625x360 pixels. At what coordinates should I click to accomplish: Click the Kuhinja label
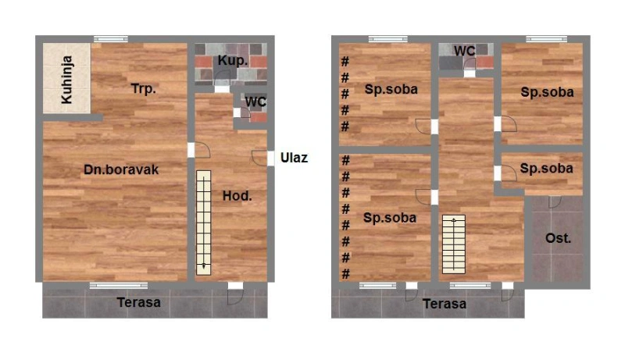[66, 80]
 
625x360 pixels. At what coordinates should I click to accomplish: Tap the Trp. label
[143, 88]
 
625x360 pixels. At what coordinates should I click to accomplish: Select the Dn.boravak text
[121, 169]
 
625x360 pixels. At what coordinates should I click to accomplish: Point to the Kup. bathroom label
[233, 61]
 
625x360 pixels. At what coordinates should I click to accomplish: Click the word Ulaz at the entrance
[295, 158]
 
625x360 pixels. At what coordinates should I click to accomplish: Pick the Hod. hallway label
[237, 195]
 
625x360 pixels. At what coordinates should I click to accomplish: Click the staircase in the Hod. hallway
[204, 223]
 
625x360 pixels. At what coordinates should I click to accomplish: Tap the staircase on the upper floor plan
[454, 244]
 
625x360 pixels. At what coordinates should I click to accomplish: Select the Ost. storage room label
[558, 238]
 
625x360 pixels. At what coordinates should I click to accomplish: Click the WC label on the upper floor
[464, 51]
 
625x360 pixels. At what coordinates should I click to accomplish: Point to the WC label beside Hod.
[255, 102]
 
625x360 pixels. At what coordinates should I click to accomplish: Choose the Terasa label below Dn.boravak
[139, 302]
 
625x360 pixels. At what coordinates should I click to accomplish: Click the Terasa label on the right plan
[445, 304]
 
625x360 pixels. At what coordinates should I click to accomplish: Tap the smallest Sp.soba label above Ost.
[546, 168]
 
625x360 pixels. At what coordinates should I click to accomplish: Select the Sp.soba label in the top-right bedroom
[548, 92]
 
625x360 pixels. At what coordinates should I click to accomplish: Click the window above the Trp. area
[111, 39]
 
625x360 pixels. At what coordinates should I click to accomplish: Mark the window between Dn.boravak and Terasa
[119, 285]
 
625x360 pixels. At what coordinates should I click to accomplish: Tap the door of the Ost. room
[555, 201]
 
